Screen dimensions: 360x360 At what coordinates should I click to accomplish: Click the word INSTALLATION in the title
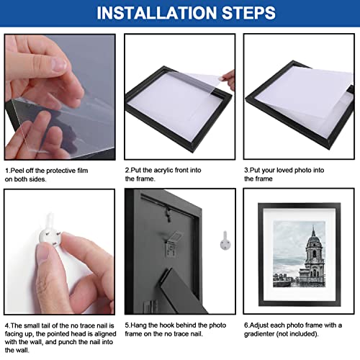click(147, 13)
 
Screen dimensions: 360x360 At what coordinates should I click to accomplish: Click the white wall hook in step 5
click(225, 238)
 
